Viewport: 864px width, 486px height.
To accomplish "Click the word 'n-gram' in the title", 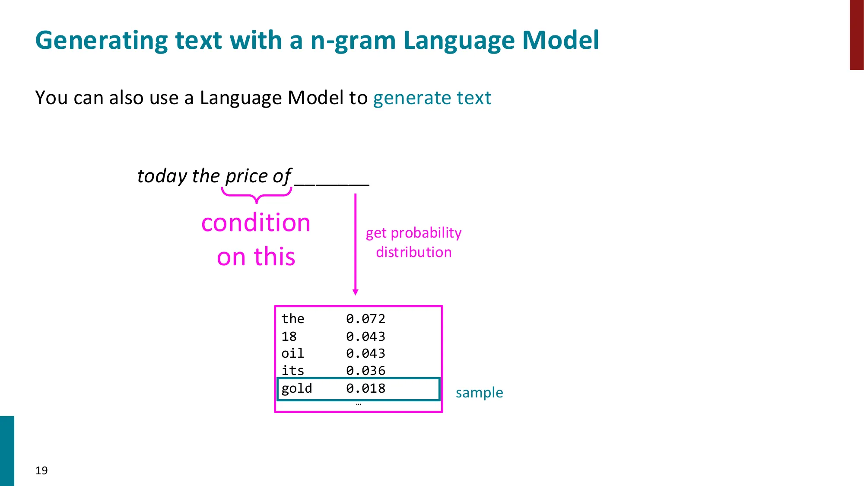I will [x=353, y=41].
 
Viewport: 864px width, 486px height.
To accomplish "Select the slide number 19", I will [x=41, y=470].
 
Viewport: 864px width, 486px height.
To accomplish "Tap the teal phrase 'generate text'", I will [x=432, y=98].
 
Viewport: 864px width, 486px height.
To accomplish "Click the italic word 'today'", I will [x=162, y=176].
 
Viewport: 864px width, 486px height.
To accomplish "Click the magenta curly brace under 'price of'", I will [x=257, y=194].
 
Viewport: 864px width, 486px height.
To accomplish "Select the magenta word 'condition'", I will [x=256, y=223].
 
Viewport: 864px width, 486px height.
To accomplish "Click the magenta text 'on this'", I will [x=256, y=257].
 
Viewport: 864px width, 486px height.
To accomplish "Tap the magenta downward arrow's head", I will [x=356, y=292].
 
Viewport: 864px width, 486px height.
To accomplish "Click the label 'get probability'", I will [x=413, y=233].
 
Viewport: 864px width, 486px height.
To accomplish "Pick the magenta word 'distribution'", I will [x=413, y=252].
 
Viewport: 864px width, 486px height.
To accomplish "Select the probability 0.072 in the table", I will [x=365, y=319].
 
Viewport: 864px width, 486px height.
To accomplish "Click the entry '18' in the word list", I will [x=289, y=337].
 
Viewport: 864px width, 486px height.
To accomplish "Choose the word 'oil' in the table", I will [x=292, y=353].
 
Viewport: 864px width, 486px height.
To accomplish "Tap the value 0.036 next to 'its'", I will [x=365, y=371].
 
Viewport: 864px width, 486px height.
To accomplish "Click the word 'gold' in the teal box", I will [x=296, y=388].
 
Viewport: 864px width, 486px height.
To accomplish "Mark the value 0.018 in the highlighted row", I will [x=365, y=388].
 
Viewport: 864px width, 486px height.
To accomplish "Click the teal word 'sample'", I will [x=479, y=393].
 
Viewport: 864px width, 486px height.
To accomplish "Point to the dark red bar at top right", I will [x=856, y=35].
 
